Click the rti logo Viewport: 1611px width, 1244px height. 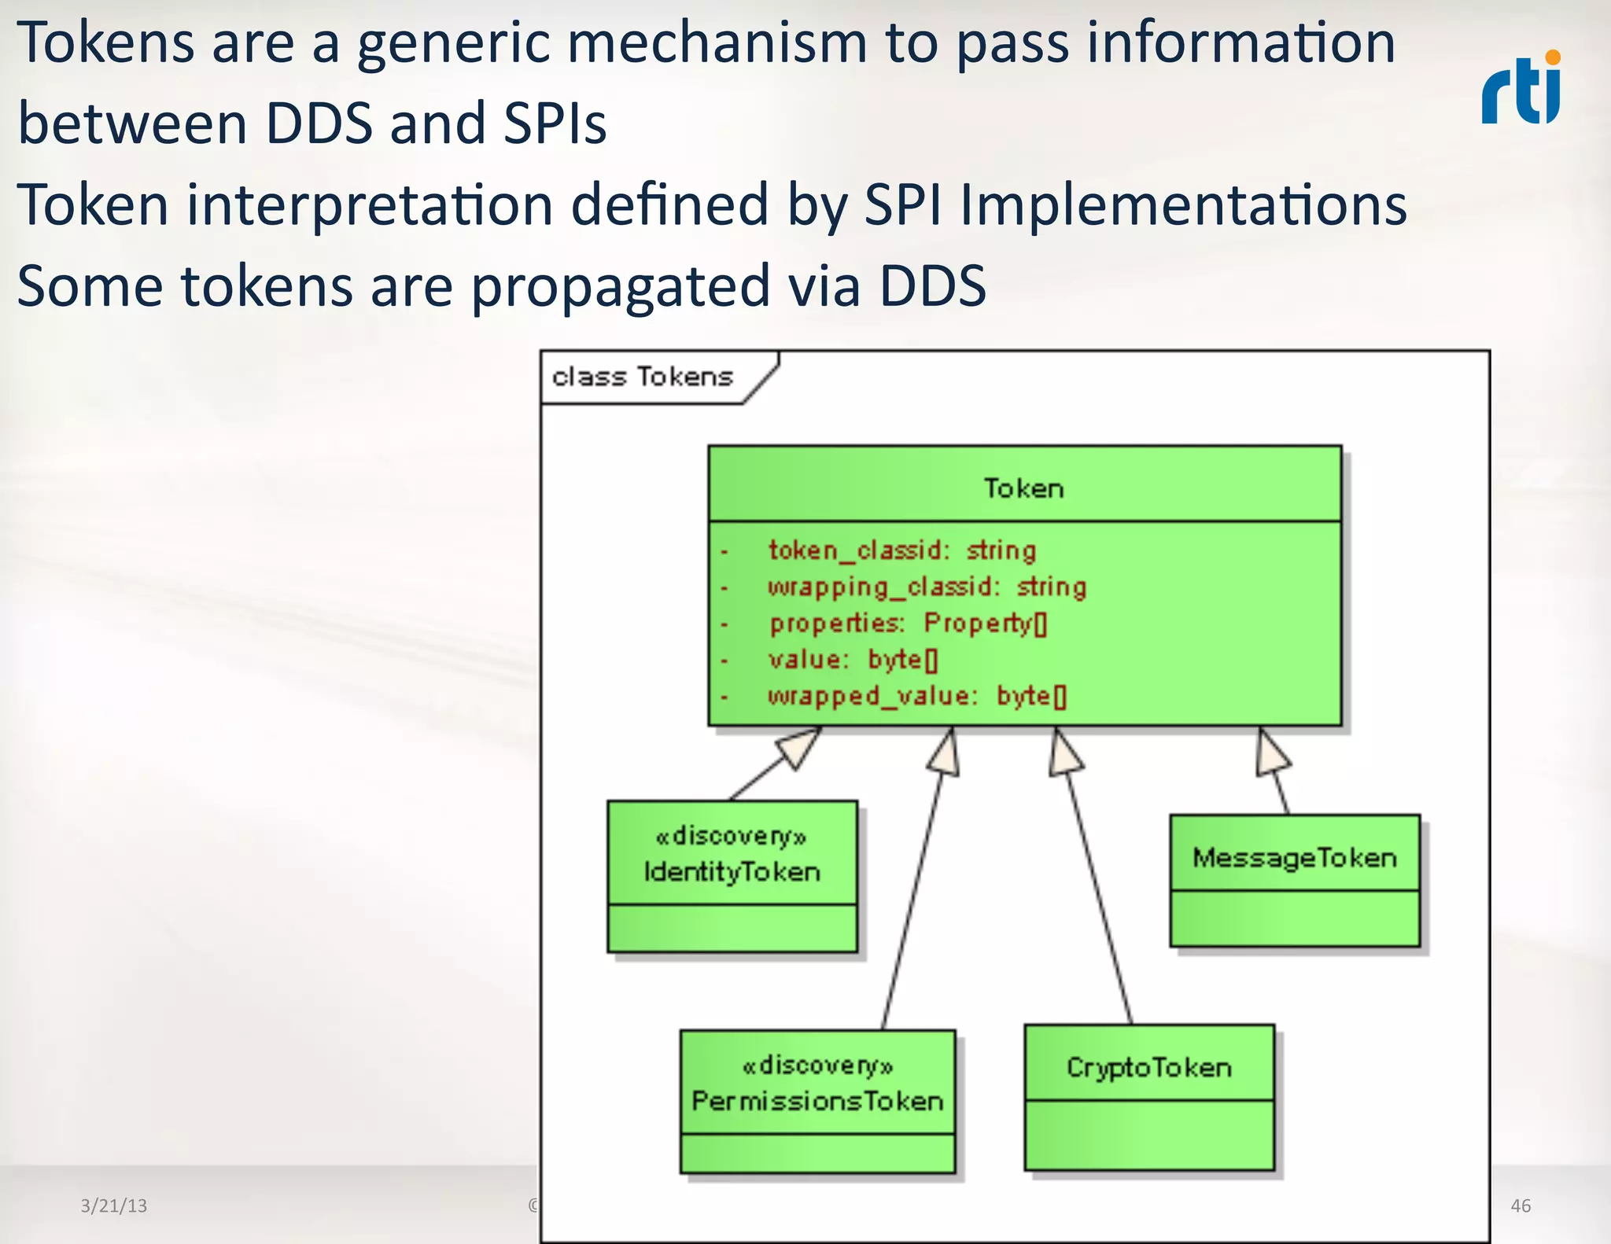(x=1521, y=88)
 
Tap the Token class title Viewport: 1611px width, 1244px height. (x=1023, y=488)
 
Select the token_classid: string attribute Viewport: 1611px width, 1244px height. (x=901, y=550)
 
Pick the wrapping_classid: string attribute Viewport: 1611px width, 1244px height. (x=927, y=587)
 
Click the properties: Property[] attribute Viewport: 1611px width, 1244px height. (x=908, y=624)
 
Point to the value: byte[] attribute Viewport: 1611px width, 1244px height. (x=853, y=660)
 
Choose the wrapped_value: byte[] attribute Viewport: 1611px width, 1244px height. (x=916, y=696)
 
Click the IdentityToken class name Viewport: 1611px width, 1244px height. (x=732, y=871)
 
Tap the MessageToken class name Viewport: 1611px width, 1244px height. (x=1294, y=857)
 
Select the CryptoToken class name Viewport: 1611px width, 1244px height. (x=1148, y=1067)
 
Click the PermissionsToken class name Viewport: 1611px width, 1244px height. (x=817, y=1101)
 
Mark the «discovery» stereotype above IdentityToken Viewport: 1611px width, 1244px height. (x=732, y=836)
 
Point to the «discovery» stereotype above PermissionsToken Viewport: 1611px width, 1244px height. (x=817, y=1065)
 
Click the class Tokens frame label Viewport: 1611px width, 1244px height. (x=642, y=377)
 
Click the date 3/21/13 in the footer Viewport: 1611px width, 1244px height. (x=113, y=1205)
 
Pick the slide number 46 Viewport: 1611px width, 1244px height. (x=1521, y=1205)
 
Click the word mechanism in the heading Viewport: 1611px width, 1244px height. (x=717, y=43)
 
